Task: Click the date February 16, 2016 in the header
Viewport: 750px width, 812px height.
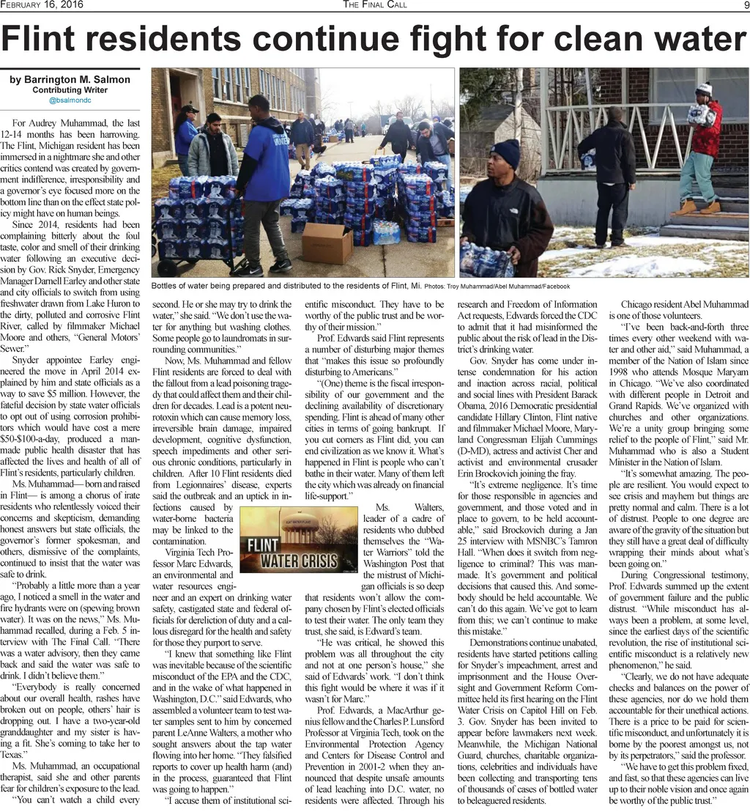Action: (x=42, y=6)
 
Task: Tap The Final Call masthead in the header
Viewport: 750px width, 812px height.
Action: (x=375, y=6)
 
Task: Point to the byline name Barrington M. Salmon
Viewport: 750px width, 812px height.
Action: (x=70, y=80)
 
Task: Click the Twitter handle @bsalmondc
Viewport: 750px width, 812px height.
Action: (x=70, y=100)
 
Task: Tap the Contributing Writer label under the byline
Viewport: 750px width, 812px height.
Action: (x=70, y=90)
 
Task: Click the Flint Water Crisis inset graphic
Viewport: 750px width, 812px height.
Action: (x=299, y=539)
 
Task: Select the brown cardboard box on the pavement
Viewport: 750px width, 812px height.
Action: (x=327, y=243)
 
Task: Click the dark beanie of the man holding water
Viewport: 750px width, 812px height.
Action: (x=505, y=153)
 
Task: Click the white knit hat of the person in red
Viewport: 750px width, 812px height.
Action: (x=704, y=89)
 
